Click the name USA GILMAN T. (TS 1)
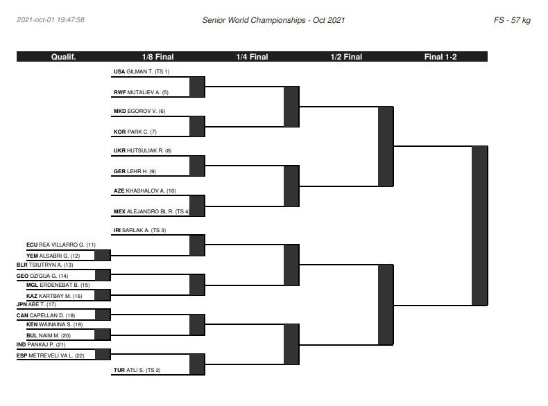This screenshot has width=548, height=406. coord(142,71)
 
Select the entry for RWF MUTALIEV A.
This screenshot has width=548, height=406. coord(141,92)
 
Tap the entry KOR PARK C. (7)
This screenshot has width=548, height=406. coord(135,132)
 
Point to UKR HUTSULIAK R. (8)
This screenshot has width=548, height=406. coord(143,150)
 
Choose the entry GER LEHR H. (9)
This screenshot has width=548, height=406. coord(135,171)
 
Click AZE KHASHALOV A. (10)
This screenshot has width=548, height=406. coord(145,191)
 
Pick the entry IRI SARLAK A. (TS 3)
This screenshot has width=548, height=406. coord(140,230)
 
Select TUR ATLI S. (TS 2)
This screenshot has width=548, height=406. coord(137,370)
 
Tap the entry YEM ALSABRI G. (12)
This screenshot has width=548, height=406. coord(53,256)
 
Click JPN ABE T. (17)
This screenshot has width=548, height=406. coord(36,304)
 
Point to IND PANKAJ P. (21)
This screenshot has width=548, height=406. coord(41,344)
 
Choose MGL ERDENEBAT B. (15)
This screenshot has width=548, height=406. coord(58,285)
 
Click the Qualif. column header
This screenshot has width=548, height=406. coord(63,57)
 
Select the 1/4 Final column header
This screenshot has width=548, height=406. coord(252,57)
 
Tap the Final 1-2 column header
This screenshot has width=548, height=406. coord(440,57)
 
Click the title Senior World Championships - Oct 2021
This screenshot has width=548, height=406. coord(273,20)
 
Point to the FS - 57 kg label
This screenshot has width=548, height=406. coord(512,20)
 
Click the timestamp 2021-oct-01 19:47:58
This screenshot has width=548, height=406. coord(51,20)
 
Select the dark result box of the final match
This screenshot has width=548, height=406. coord(480,226)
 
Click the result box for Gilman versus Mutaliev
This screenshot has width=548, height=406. coord(197,87)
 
